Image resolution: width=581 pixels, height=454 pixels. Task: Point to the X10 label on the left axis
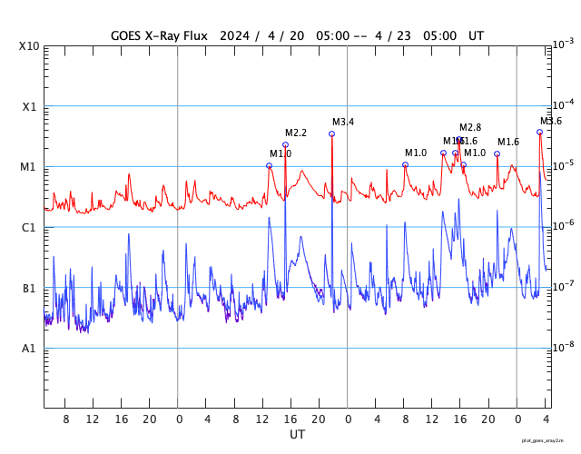(29, 46)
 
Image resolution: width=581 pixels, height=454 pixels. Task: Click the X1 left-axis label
(29, 106)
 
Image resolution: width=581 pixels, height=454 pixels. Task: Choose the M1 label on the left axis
(29, 167)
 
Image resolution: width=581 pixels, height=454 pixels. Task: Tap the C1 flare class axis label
(29, 228)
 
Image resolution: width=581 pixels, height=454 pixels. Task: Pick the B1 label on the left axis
(29, 289)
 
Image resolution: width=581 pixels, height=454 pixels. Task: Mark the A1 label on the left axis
(29, 349)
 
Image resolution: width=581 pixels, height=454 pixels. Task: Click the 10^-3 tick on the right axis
(564, 44)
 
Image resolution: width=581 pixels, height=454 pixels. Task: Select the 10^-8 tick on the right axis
(564, 346)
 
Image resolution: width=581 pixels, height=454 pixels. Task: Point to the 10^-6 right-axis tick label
(564, 224)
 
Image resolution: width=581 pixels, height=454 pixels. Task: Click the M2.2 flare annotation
(296, 133)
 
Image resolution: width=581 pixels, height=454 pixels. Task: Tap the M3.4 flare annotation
(343, 122)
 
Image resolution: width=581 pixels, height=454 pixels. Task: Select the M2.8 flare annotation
(470, 127)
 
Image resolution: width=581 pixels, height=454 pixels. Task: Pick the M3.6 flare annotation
(551, 121)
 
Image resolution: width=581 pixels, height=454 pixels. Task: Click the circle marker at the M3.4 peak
(331, 133)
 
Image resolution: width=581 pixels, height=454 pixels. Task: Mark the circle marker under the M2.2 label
(285, 144)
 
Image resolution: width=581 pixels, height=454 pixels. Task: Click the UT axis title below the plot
(297, 435)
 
